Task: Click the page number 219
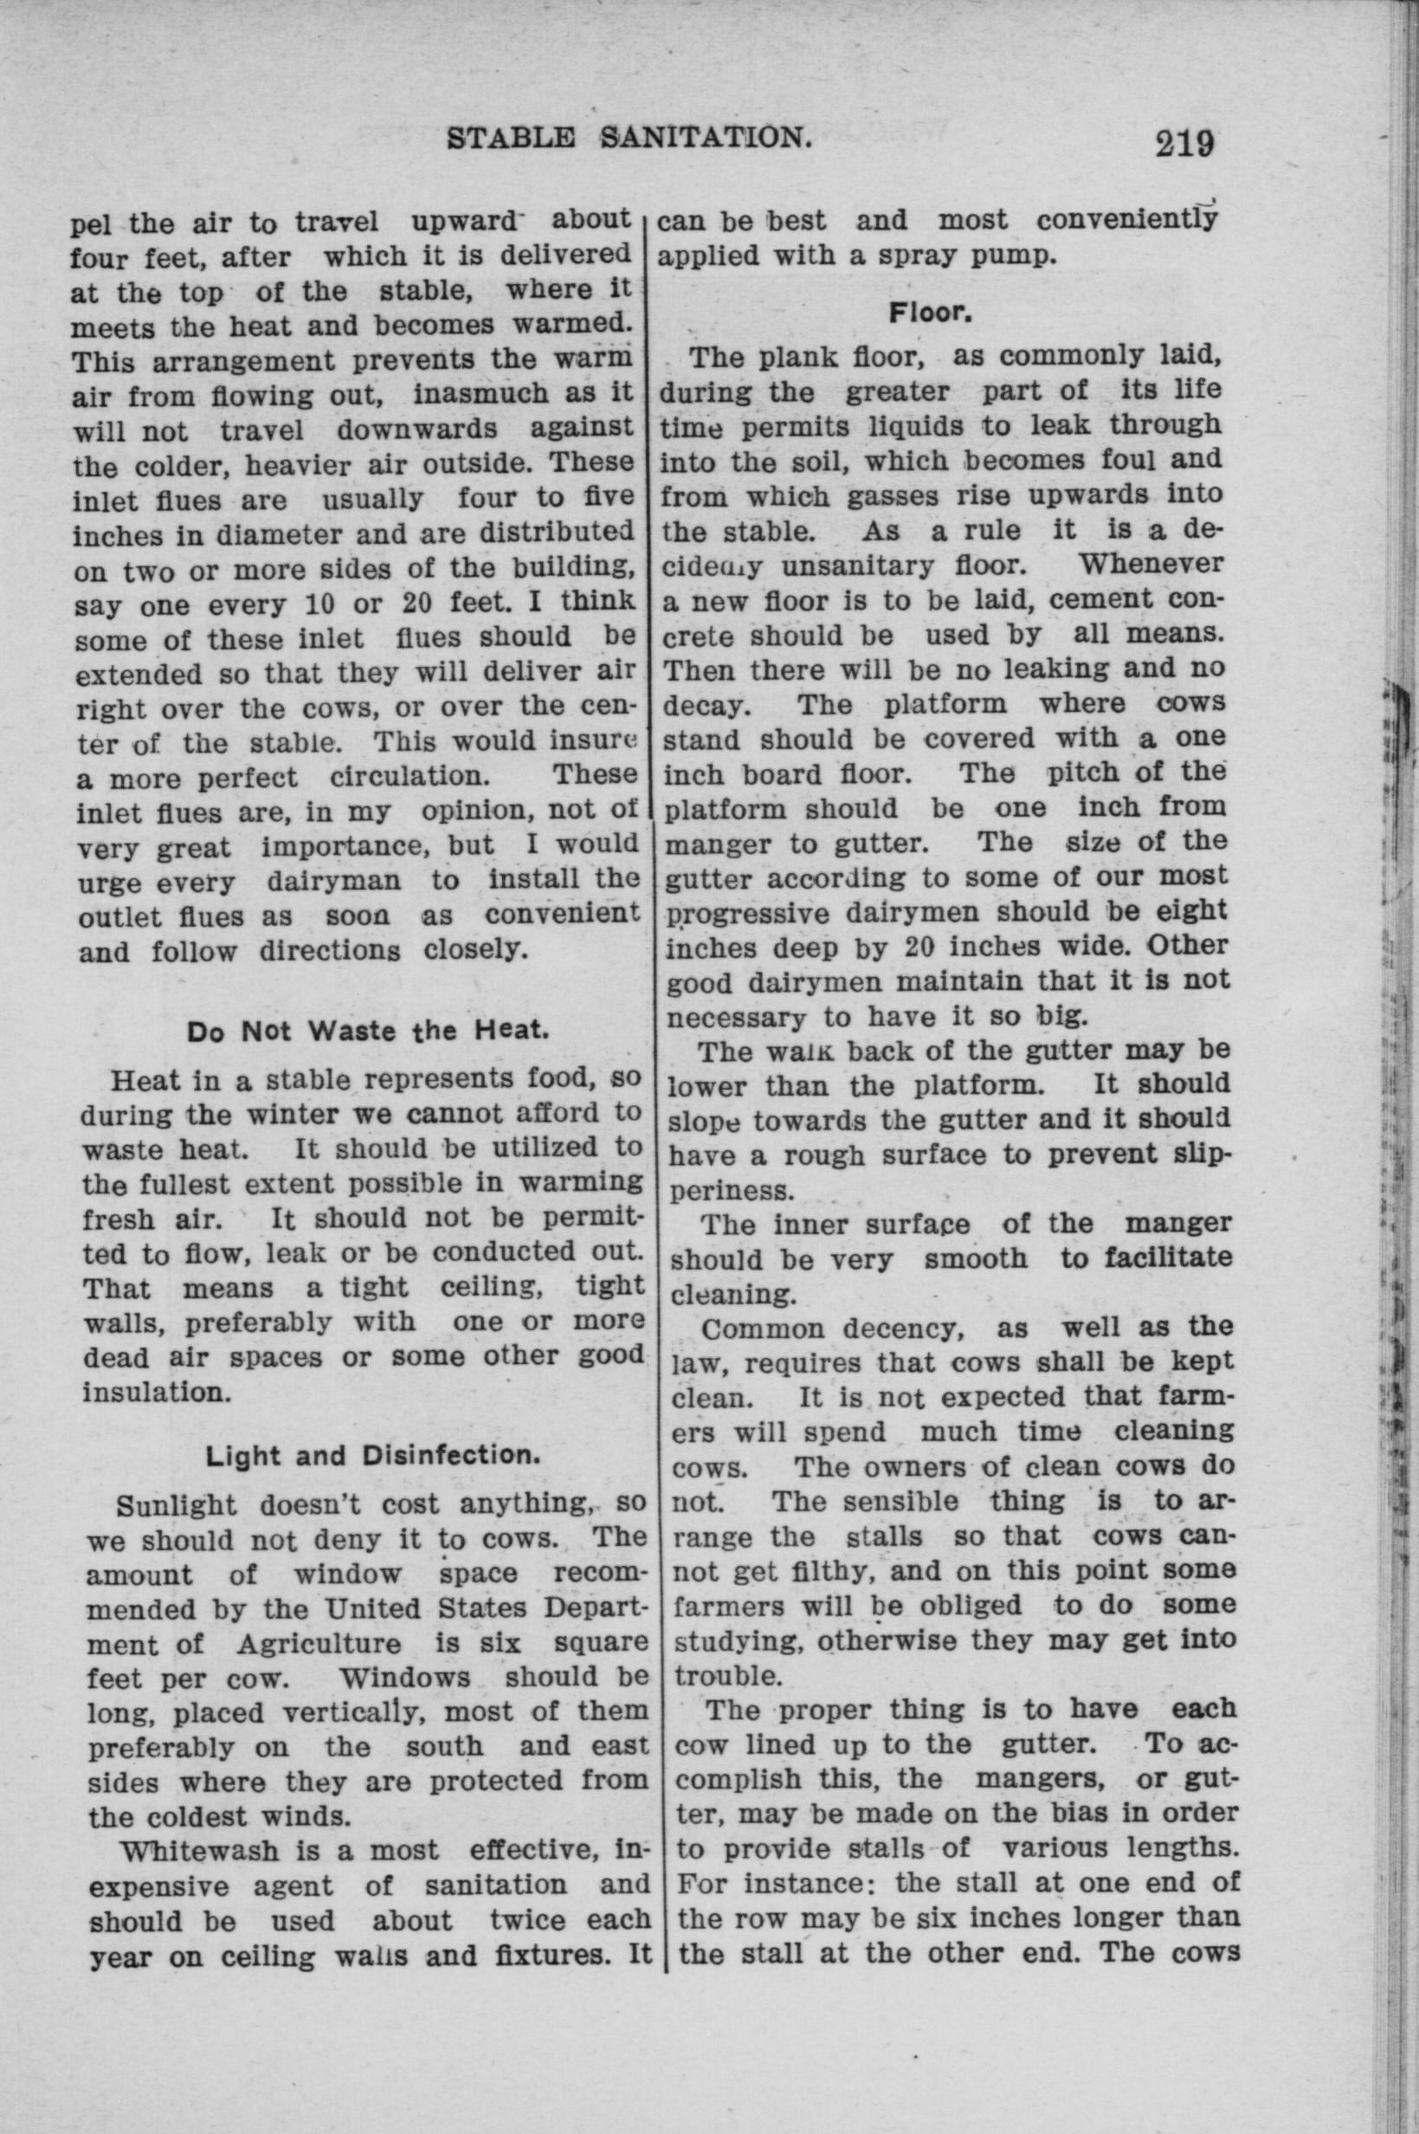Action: click(1183, 142)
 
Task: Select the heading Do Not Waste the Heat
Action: click(367, 1031)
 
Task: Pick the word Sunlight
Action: click(178, 1506)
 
